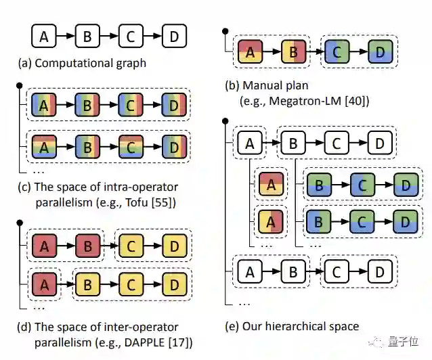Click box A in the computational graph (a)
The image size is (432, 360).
pos(44,37)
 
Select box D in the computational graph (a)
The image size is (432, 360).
pos(174,37)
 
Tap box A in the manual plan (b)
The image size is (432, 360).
pos(250,51)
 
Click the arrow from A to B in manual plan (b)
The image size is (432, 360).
pos(271,51)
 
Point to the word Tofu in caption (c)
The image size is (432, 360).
pos(141,202)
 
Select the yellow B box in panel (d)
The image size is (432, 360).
pos(87,279)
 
